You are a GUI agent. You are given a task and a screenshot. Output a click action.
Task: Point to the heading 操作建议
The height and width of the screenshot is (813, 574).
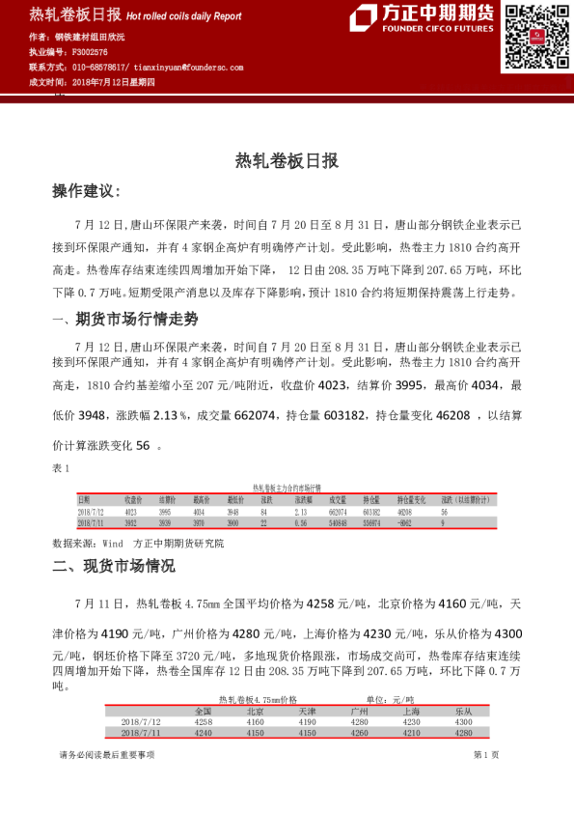click(86, 192)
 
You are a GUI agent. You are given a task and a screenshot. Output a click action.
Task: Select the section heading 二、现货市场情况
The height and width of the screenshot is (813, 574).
click(115, 566)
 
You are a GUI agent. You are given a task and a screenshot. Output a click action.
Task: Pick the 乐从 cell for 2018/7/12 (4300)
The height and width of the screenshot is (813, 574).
click(463, 721)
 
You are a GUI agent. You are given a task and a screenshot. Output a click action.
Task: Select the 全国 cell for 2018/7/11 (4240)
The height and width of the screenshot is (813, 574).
click(204, 732)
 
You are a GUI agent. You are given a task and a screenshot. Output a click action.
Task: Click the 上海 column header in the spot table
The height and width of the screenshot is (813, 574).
click(411, 710)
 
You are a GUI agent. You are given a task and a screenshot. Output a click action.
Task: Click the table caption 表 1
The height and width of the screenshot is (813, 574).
click(62, 468)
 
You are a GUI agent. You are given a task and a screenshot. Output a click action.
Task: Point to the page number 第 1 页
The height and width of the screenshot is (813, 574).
click(485, 755)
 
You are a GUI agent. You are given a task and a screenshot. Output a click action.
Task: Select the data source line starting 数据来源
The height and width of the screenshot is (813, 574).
click(138, 544)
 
